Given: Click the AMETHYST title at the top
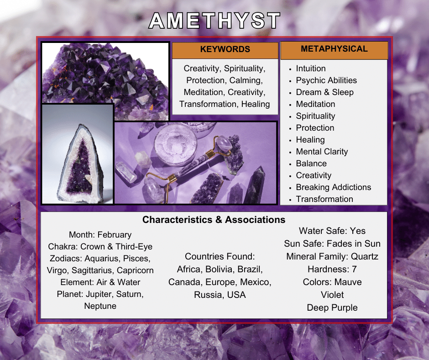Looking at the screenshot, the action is (214, 21).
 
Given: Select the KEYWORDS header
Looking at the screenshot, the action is (225, 49).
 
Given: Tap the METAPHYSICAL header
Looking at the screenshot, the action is (334, 49).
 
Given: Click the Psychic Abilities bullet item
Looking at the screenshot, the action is (326, 80).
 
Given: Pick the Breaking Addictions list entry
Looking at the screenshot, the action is (334, 187).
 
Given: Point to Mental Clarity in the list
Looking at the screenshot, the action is (322, 152).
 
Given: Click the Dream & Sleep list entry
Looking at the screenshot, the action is (325, 92).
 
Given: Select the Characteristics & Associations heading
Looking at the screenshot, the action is (214, 220).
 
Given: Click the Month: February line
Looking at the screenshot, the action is (100, 235).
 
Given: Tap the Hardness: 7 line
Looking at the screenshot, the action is (332, 270).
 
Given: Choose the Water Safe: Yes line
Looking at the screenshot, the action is (332, 231).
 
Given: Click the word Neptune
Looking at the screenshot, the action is (100, 306).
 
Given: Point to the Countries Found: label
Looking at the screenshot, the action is (220, 256).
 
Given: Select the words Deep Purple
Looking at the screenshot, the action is (332, 307).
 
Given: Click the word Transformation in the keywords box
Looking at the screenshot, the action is (208, 104).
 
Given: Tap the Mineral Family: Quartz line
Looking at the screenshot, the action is (332, 256).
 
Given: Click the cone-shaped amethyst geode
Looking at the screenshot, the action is (80, 164).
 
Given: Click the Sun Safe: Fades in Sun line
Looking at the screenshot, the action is (332, 244).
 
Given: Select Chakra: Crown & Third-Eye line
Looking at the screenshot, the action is (100, 247).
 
